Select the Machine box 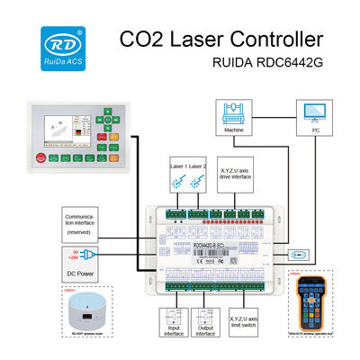[233, 117]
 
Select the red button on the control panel [40, 157]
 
